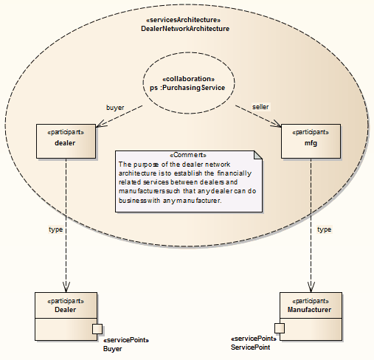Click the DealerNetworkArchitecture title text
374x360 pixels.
[184, 28]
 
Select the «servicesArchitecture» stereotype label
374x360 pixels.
[184, 19]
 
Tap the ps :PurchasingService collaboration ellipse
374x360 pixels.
[187, 82]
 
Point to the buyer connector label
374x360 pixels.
[116, 107]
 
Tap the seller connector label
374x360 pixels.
[260, 107]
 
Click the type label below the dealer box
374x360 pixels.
[55, 229]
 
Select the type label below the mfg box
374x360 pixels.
[323, 229]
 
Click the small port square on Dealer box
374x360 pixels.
[96, 328]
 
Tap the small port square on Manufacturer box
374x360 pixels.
[280, 328]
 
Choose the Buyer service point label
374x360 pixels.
[112, 348]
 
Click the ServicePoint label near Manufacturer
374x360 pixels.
[250, 347]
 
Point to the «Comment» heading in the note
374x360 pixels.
[188, 155]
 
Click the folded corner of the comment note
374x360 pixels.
[257, 155]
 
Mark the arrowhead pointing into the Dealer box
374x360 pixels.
[66, 287]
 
